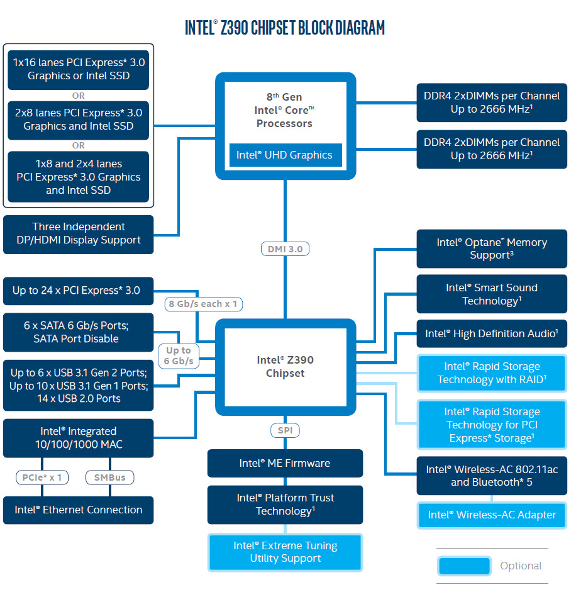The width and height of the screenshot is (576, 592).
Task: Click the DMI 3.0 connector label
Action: [285, 249]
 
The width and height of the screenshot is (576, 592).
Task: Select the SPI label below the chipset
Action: [285, 431]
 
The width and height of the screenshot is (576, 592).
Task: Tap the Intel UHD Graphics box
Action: [284, 155]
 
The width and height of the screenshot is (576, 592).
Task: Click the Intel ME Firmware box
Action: [285, 463]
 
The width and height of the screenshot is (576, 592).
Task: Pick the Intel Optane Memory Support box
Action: [492, 249]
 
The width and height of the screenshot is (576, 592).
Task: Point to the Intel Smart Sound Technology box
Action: [492, 294]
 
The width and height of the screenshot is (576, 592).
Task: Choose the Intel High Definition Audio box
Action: [492, 333]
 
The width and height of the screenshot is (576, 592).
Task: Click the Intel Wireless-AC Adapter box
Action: [492, 515]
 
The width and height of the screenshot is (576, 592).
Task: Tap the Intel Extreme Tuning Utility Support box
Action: [285, 552]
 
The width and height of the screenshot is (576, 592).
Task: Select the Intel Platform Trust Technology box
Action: [285, 505]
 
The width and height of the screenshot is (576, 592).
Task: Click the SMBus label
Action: [109, 478]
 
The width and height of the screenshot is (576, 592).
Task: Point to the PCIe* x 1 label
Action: [42, 478]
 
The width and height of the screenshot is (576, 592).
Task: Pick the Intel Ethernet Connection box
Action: [79, 510]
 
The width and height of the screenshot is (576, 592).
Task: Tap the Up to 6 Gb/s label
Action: [179, 355]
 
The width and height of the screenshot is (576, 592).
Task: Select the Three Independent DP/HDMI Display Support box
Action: [79, 233]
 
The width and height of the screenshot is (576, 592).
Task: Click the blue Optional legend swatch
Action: [464, 566]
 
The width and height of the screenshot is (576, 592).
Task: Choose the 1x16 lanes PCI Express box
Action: [79, 69]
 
